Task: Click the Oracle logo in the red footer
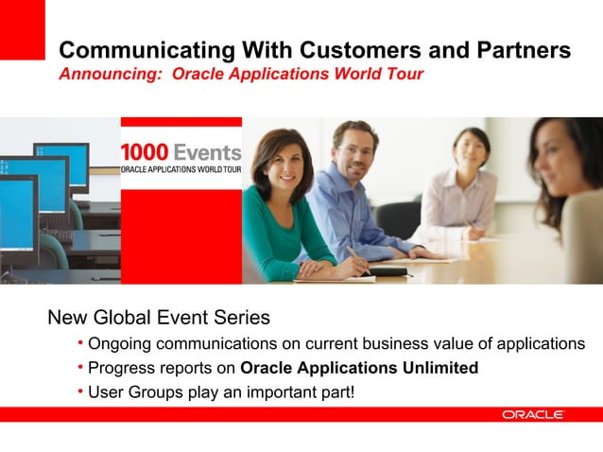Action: pyautogui.click(x=533, y=415)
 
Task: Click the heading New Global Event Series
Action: pyautogui.click(x=159, y=317)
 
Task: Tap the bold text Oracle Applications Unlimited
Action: pyautogui.click(x=359, y=367)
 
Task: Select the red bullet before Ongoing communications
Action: pyautogui.click(x=80, y=342)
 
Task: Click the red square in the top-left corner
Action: pyautogui.click(x=22, y=29)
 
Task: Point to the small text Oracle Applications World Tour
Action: pyautogui.click(x=181, y=169)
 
